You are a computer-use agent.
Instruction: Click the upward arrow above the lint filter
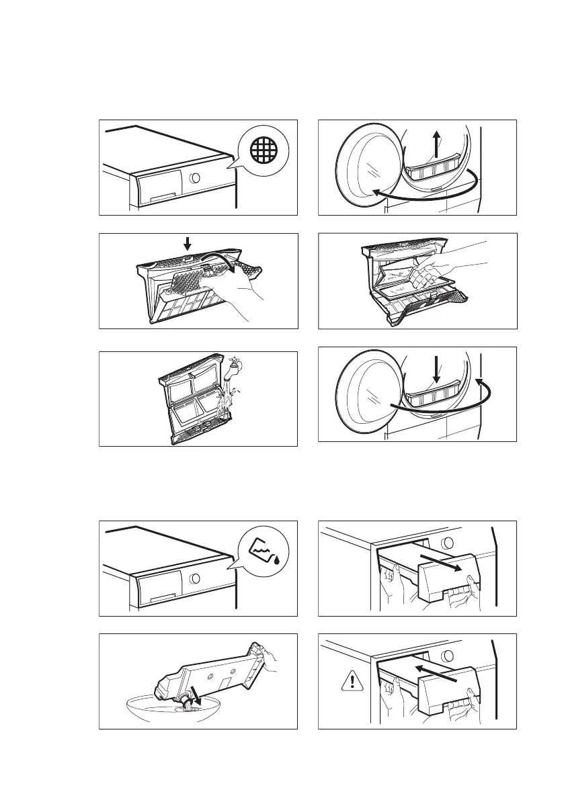436,144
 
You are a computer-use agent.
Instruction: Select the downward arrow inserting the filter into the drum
436,370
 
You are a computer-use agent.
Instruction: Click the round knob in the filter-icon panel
194,179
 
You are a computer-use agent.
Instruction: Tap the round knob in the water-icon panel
194,578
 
